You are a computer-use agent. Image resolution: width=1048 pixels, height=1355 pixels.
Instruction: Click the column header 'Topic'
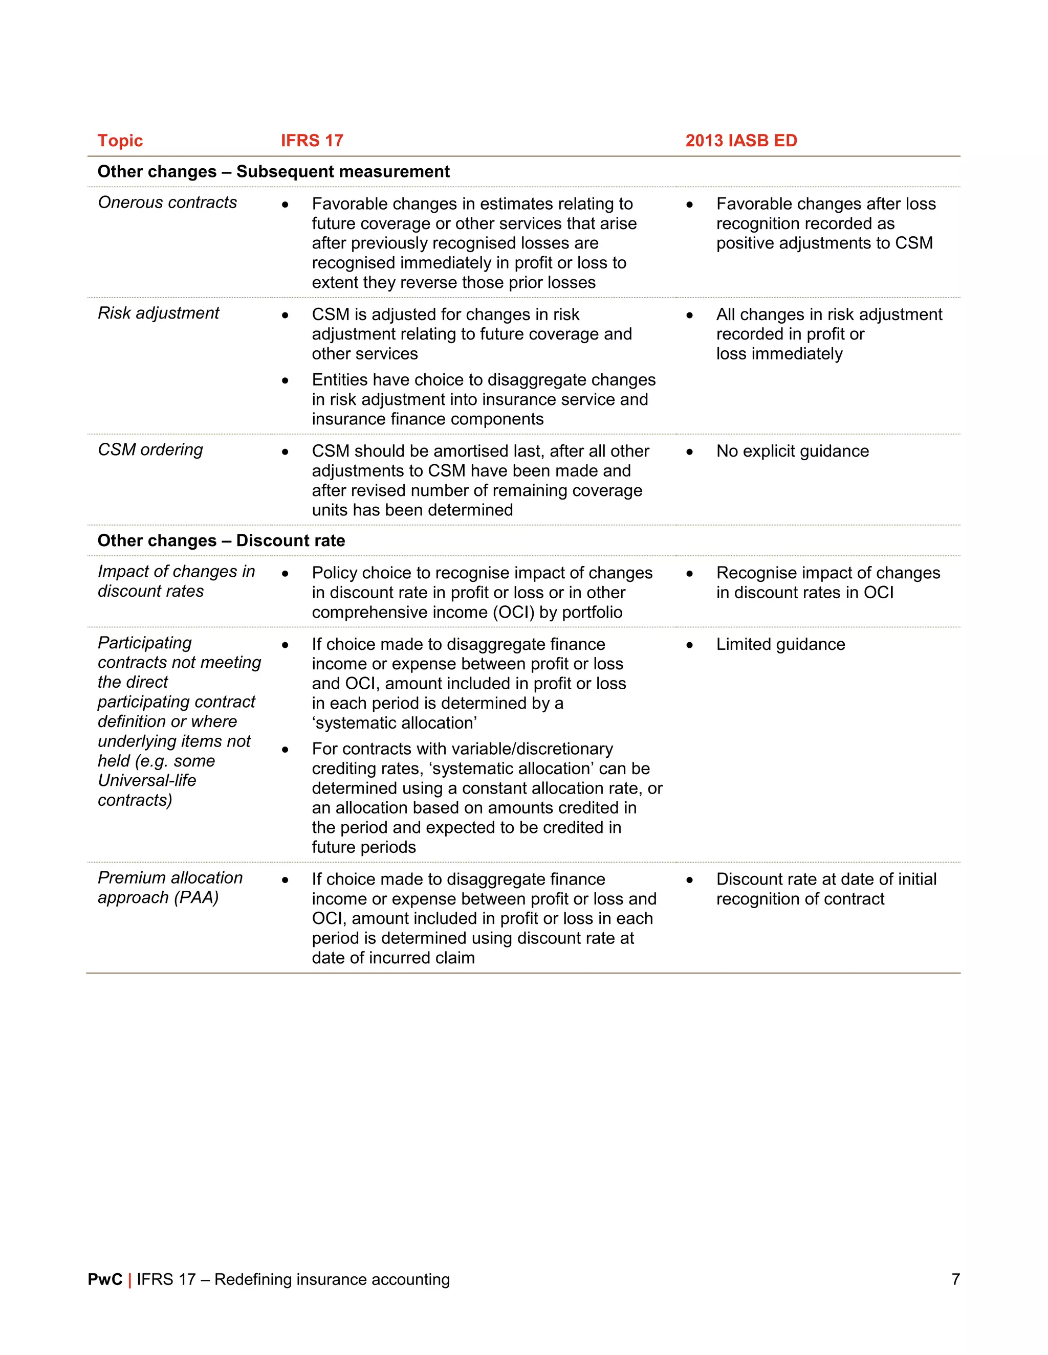click(x=120, y=141)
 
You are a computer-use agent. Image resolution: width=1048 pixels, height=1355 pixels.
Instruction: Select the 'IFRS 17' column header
click(x=312, y=141)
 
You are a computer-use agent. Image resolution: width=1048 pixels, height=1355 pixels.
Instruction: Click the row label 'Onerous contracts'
click(x=167, y=203)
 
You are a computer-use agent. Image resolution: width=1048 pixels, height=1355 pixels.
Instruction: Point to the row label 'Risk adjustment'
click(x=158, y=313)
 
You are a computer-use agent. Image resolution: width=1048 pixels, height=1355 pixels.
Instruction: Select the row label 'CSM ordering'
click(x=150, y=450)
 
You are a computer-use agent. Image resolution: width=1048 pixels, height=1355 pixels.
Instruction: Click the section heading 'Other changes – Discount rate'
click(x=221, y=541)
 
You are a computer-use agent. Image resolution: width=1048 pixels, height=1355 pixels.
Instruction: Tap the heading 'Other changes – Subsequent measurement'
click(x=273, y=172)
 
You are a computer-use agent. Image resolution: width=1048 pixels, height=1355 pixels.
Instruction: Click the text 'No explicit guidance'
click(x=792, y=451)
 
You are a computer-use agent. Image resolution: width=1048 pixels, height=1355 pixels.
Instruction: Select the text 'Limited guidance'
click(x=780, y=645)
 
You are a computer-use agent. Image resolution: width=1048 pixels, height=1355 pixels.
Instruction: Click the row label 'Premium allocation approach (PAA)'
click(x=169, y=888)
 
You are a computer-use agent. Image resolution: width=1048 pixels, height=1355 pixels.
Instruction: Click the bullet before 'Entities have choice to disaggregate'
click(x=285, y=380)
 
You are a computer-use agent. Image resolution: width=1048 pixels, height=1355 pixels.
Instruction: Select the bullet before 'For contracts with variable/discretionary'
click(x=285, y=750)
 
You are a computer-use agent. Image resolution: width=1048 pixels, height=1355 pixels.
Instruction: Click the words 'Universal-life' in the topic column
click(x=147, y=780)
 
